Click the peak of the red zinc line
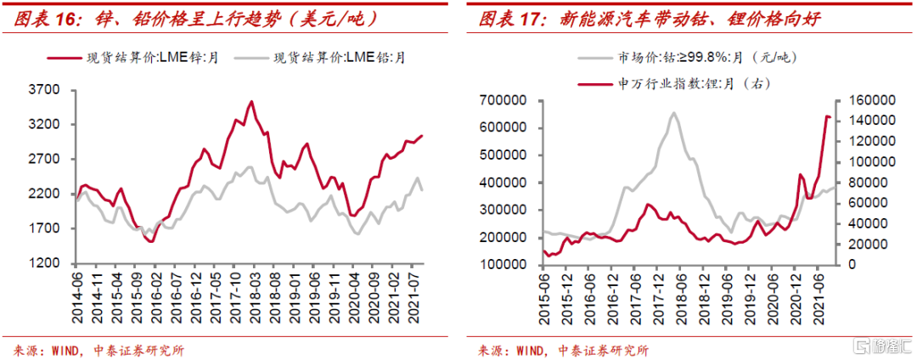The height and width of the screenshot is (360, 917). point(251,102)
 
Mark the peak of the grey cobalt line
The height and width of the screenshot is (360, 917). point(674,113)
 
